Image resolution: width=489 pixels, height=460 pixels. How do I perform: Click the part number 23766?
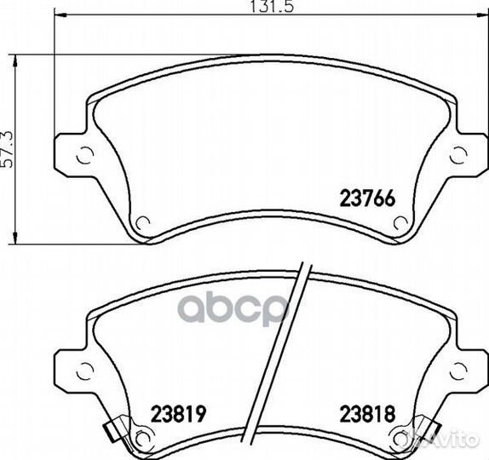(x=367, y=198)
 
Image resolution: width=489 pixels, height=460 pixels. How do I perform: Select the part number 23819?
(x=178, y=413)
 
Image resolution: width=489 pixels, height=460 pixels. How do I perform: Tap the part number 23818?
(x=367, y=413)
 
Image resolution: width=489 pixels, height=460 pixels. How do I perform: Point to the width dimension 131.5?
(x=273, y=6)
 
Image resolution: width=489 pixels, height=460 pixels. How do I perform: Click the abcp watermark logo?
(x=233, y=308)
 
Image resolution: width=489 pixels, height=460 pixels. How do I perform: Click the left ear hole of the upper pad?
(x=85, y=155)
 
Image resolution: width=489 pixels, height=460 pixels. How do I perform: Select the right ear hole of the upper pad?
(x=459, y=155)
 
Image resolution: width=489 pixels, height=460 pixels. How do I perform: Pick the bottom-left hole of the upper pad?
(x=143, y=222)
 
